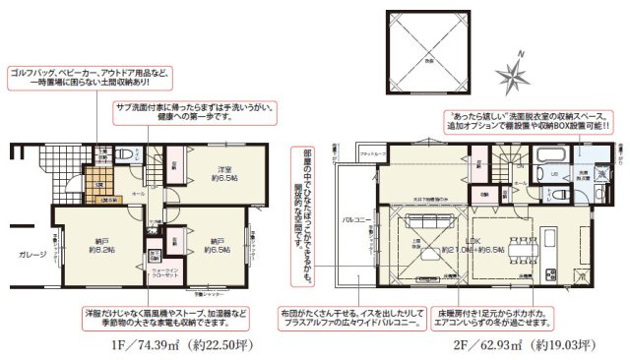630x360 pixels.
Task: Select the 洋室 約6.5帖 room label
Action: pyautogui.click(x=227, y=175)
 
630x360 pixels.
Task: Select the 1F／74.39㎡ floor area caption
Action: pyautogui.click(x=165, y=344)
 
